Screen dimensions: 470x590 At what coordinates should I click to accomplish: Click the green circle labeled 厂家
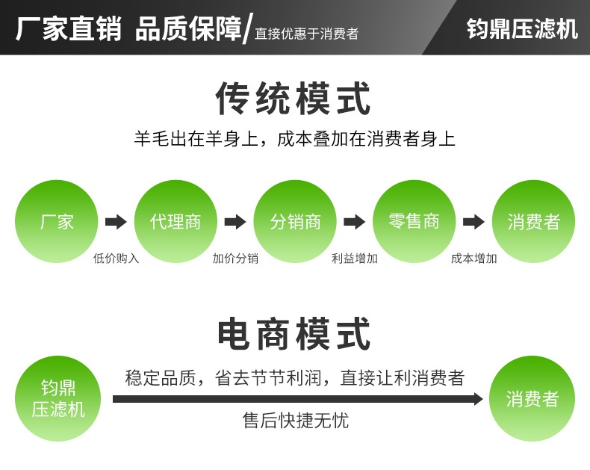tap(57, 221)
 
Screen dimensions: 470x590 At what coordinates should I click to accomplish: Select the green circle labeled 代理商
tap(176, 221)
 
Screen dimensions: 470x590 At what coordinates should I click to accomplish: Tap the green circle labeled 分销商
tap(295, 221)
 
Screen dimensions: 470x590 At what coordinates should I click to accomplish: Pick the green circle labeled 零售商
tap(414, 221)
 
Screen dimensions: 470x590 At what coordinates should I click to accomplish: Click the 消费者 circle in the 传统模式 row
tap(533, 221)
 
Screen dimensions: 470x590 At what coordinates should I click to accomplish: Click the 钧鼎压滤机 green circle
tap(58, 398)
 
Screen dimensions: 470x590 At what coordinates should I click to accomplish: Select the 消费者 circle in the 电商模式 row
tap(532, 398)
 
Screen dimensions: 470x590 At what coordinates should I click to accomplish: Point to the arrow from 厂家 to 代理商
tap(116, 222)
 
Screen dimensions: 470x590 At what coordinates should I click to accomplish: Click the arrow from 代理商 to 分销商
tap(235, 222)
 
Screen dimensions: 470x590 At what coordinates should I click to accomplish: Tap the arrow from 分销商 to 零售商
tap(354, 222)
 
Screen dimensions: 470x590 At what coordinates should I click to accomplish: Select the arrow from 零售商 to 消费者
tap(473, 222)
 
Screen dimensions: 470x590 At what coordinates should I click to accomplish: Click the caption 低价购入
tap(116, 259)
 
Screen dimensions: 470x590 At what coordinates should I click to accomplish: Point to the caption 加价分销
tap(235, 259)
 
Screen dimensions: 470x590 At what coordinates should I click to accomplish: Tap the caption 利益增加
tap(354, 259)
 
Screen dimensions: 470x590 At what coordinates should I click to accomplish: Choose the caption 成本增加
tap(473, 259)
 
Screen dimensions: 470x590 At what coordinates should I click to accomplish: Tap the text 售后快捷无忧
tap(296, 421)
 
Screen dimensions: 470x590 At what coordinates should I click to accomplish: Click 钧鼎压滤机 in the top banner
tap(522, 28)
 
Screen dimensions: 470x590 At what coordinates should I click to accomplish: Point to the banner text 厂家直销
tap(68, 28)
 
